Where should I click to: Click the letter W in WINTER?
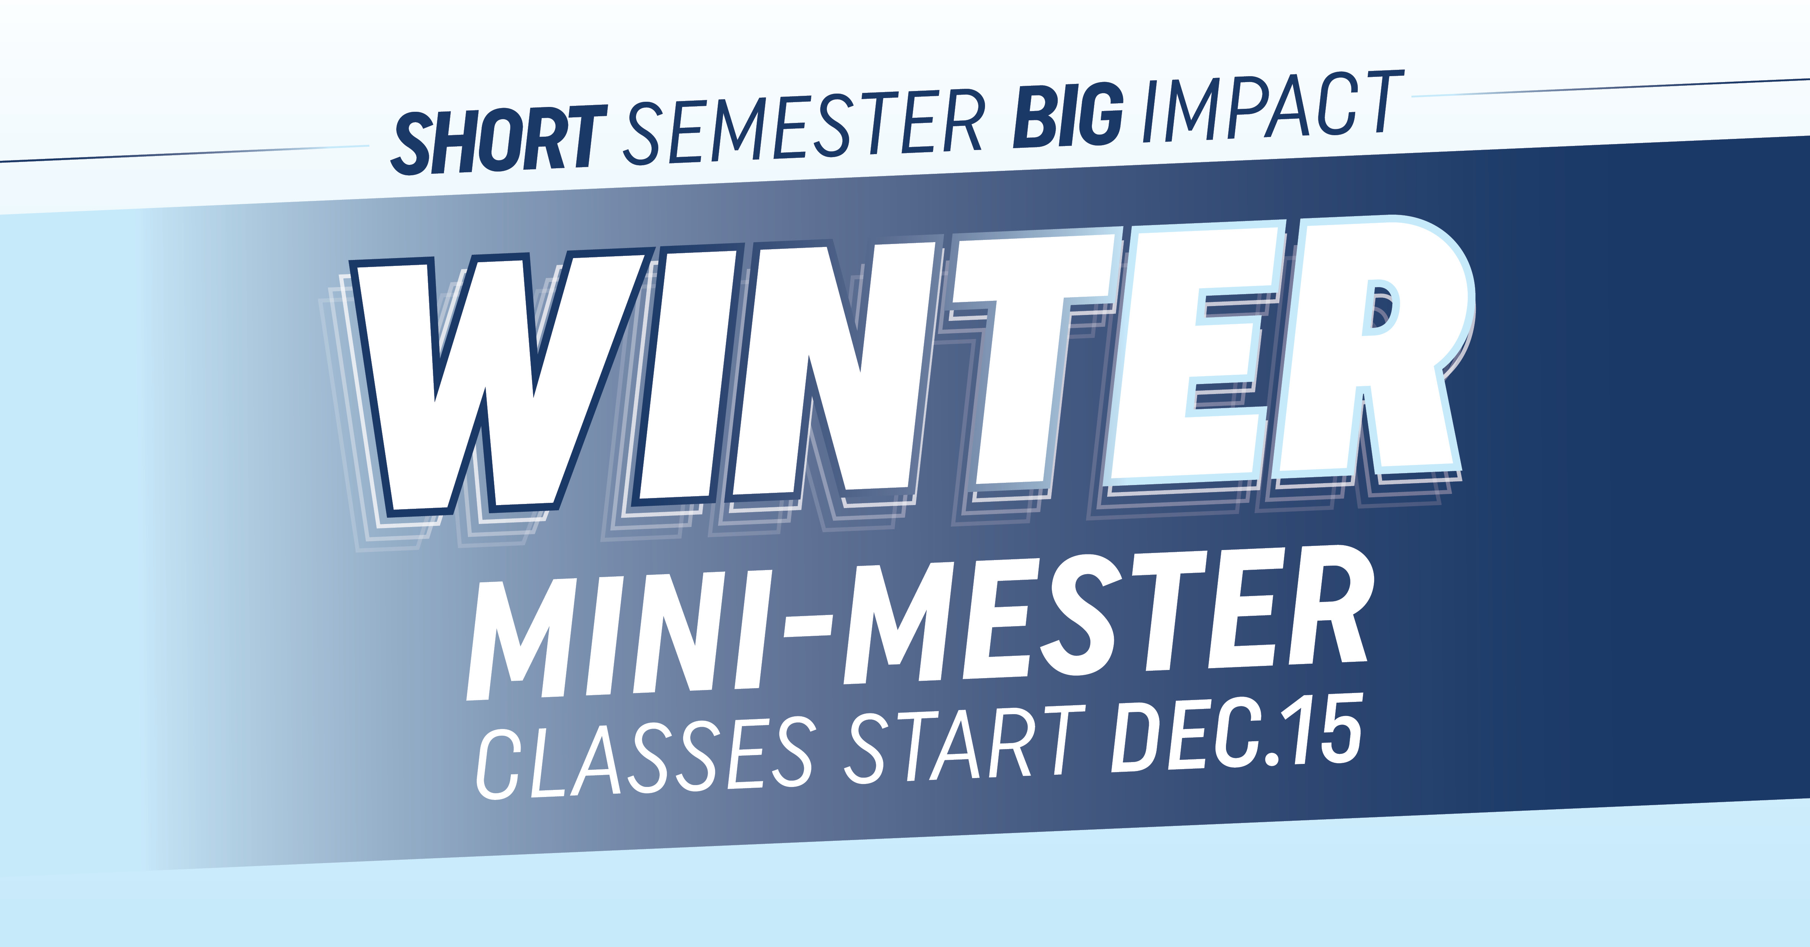tap(492, 380)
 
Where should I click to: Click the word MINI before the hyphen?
tap(618, 633)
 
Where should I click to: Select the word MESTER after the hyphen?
tap(1103, 612)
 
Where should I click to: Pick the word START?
tap(963, 745)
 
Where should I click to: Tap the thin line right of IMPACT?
tap(1609, 87)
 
